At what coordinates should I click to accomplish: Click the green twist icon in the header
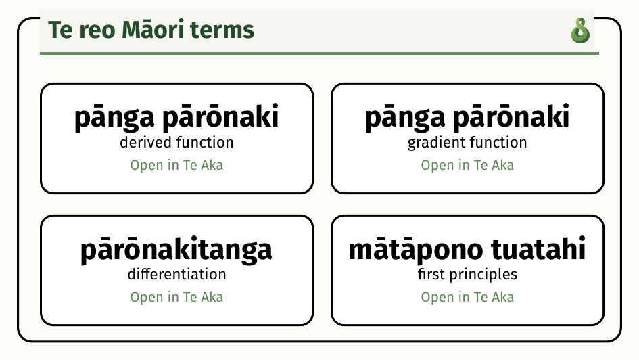coord(580,30)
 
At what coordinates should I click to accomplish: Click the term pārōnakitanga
coord(176,250)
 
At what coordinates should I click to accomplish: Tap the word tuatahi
coord(538,248)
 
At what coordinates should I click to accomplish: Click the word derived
coord(145,142)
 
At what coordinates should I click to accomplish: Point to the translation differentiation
coord(176,274)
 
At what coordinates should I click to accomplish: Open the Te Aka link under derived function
coord(176,166)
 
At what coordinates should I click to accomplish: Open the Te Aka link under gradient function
coord(467,166)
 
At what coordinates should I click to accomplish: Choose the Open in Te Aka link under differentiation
coord(176,297)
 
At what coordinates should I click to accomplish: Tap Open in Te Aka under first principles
coord(467,297)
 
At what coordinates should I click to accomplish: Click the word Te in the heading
coord(61,30)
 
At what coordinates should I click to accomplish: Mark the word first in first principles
coord(431,274)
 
